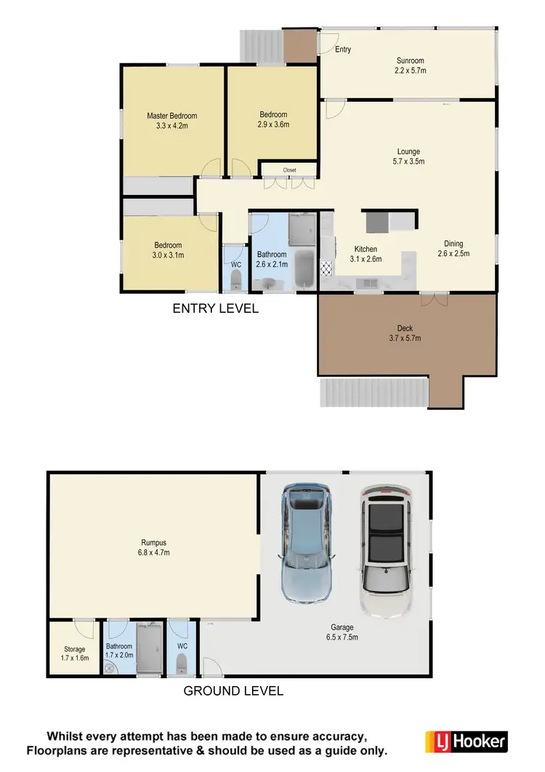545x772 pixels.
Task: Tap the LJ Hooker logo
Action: pos(465,741)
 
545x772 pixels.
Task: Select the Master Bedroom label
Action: pos(171,116)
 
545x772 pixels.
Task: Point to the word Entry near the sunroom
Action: pos(343,49)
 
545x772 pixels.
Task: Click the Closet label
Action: pos(289,170)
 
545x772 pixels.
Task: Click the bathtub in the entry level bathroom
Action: pos(303,271)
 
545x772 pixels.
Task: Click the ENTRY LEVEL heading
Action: pos(215,309)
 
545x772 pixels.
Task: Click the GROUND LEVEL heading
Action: pos(233,691)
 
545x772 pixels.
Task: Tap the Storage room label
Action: pos(74,649)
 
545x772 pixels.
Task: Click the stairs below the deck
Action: pos(374,393)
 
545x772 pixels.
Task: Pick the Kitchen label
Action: pos(366,248)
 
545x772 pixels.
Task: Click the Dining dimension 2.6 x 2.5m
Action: pos(453,254)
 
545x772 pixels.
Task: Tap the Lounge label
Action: pos(409,151)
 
